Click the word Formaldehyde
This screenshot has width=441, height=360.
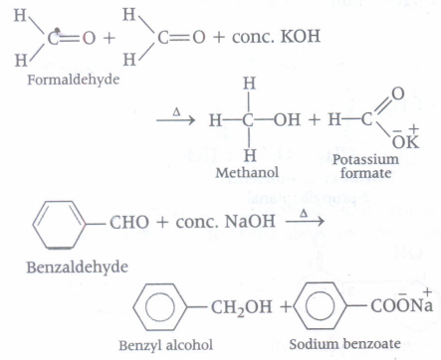[74, 81]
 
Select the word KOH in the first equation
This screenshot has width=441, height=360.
[301, 36]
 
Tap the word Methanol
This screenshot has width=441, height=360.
[247, 173]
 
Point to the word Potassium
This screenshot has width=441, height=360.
[365, 160]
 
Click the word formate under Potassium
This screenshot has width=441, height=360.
[365, 173]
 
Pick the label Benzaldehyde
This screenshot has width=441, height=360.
[78, 268]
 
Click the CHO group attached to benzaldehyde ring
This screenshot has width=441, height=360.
[129, 222]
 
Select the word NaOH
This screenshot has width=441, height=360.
[250, 222]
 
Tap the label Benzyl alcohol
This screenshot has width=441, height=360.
[166, 345]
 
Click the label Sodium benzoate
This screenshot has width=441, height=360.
[344, 344]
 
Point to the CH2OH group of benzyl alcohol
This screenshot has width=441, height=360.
[241, 307]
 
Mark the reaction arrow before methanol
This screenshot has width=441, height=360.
[175, 120]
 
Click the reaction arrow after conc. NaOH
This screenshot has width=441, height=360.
[305, 221]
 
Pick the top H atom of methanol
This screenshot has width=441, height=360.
[249, 84]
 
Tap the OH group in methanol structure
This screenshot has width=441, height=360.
[288, 119]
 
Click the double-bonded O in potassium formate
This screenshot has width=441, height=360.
[398, 93]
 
